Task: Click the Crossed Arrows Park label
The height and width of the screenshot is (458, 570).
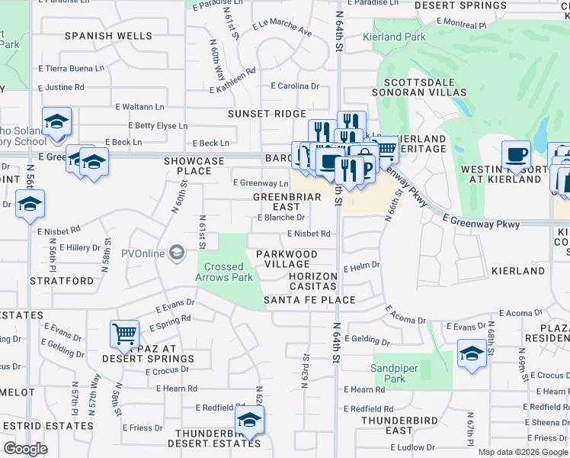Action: point(224,272)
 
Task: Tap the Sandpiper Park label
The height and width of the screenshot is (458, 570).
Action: point(394,373)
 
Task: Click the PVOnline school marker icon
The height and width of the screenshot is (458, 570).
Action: point(177,252)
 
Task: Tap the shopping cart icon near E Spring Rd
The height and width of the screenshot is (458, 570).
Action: point(124,334)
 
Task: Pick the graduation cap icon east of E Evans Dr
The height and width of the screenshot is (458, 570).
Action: point(472,353)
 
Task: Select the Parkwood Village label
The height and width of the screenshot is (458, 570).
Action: point(287,259)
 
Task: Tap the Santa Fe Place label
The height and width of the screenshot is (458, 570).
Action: point(309,300)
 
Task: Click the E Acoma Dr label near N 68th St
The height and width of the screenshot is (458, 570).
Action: point(520,314)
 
